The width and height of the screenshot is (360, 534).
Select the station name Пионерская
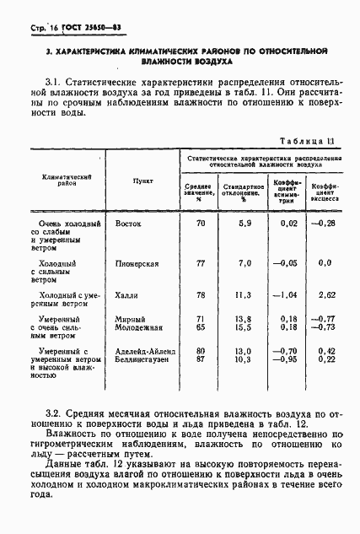tap(140, 263)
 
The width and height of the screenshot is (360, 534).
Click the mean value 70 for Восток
tap(200, 223)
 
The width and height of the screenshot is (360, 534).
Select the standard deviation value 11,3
tap(244, 295)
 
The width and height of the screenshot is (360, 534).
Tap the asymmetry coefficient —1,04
tap(287, 295)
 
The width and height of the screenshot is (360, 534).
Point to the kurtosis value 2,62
tap(328, 295)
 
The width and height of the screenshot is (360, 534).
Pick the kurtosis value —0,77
tap(325, 318)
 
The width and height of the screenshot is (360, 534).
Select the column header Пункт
tap(142, 180)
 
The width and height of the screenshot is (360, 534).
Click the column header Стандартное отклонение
tap(244, 190)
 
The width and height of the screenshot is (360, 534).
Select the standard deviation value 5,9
tap(244, 223)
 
